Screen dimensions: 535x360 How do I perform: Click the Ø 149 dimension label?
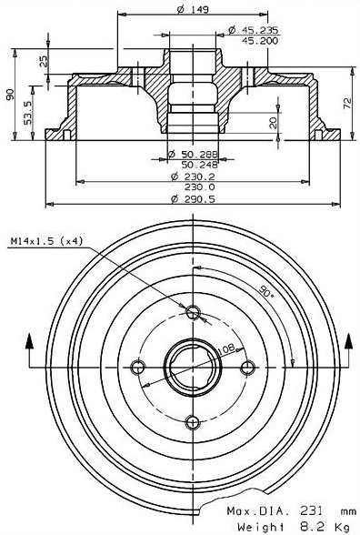coord(192,12)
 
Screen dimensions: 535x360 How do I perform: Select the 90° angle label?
coord(265,293)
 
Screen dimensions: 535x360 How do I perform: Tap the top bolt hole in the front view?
coord(192,314)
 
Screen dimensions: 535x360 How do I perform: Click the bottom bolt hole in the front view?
coord(192,420)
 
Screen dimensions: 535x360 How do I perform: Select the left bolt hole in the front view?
coord(138,367)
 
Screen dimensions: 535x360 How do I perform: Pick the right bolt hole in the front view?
coord(245,367)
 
